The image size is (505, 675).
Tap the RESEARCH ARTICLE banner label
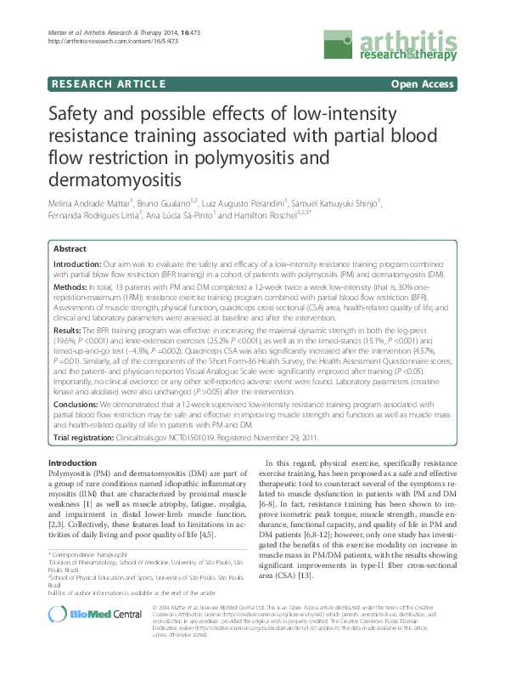pos(108,84)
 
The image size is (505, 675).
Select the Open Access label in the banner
pos(424,84)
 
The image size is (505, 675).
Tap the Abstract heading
pos(70,249)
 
